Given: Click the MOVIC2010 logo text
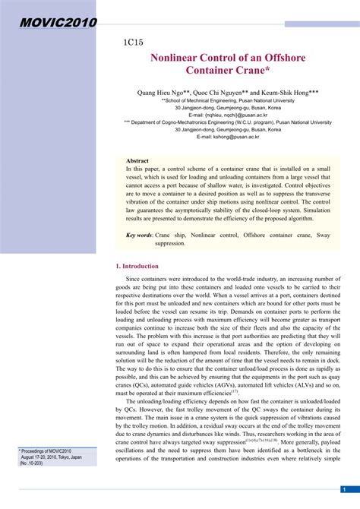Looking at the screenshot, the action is click(49, 23).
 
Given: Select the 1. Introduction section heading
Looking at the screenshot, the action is click(137, 267).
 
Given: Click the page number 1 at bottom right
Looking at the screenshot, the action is click(345, 489).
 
